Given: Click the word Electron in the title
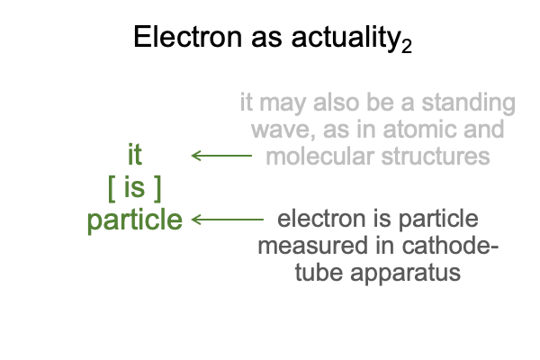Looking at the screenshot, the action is pyautogui.click(x=188, y=37).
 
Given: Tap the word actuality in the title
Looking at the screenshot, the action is pyautogui.click(x=345, y=38).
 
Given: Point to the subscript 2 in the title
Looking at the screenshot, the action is pyautogui.click(x=407, y=46).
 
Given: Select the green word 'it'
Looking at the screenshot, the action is pyautogui.click(x=135, y=155).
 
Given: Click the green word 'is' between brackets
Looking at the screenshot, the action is pyautogui.click(x=134, y=187).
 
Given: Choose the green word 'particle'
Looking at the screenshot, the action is pyautogui.click(x=135, y=220).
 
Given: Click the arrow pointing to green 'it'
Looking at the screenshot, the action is pyautogui.click(x=221, y=156).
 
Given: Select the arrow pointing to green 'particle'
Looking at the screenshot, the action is pyautogui.click(x=228, y=220).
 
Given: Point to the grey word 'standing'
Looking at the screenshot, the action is pyautogui.click(x=468, y=103).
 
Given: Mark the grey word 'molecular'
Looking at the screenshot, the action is pyautogui.click(x=319, y=156).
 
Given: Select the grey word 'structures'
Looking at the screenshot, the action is pyautogui.click(x=436, y=157).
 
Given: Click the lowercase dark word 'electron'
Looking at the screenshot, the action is pyautogui.click(x=321, y=219).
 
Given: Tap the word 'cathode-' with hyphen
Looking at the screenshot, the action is pyautogui.click(x=450, y=246).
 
